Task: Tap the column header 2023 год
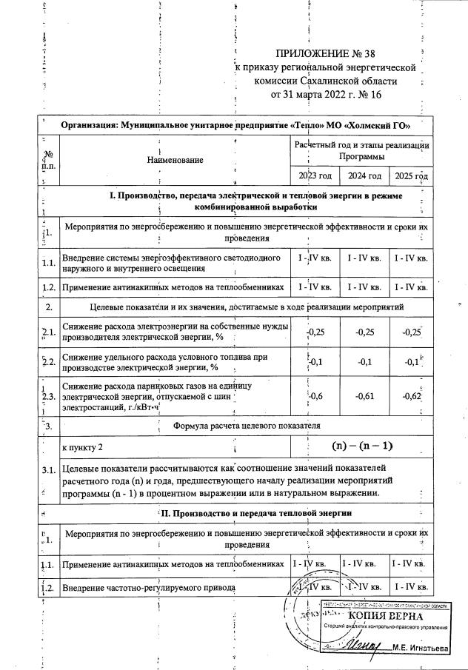[x=313, y=176]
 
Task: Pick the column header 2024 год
[x=364, y=176]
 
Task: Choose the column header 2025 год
[x=412, y=176]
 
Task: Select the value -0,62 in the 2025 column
[x=412, y=397]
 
